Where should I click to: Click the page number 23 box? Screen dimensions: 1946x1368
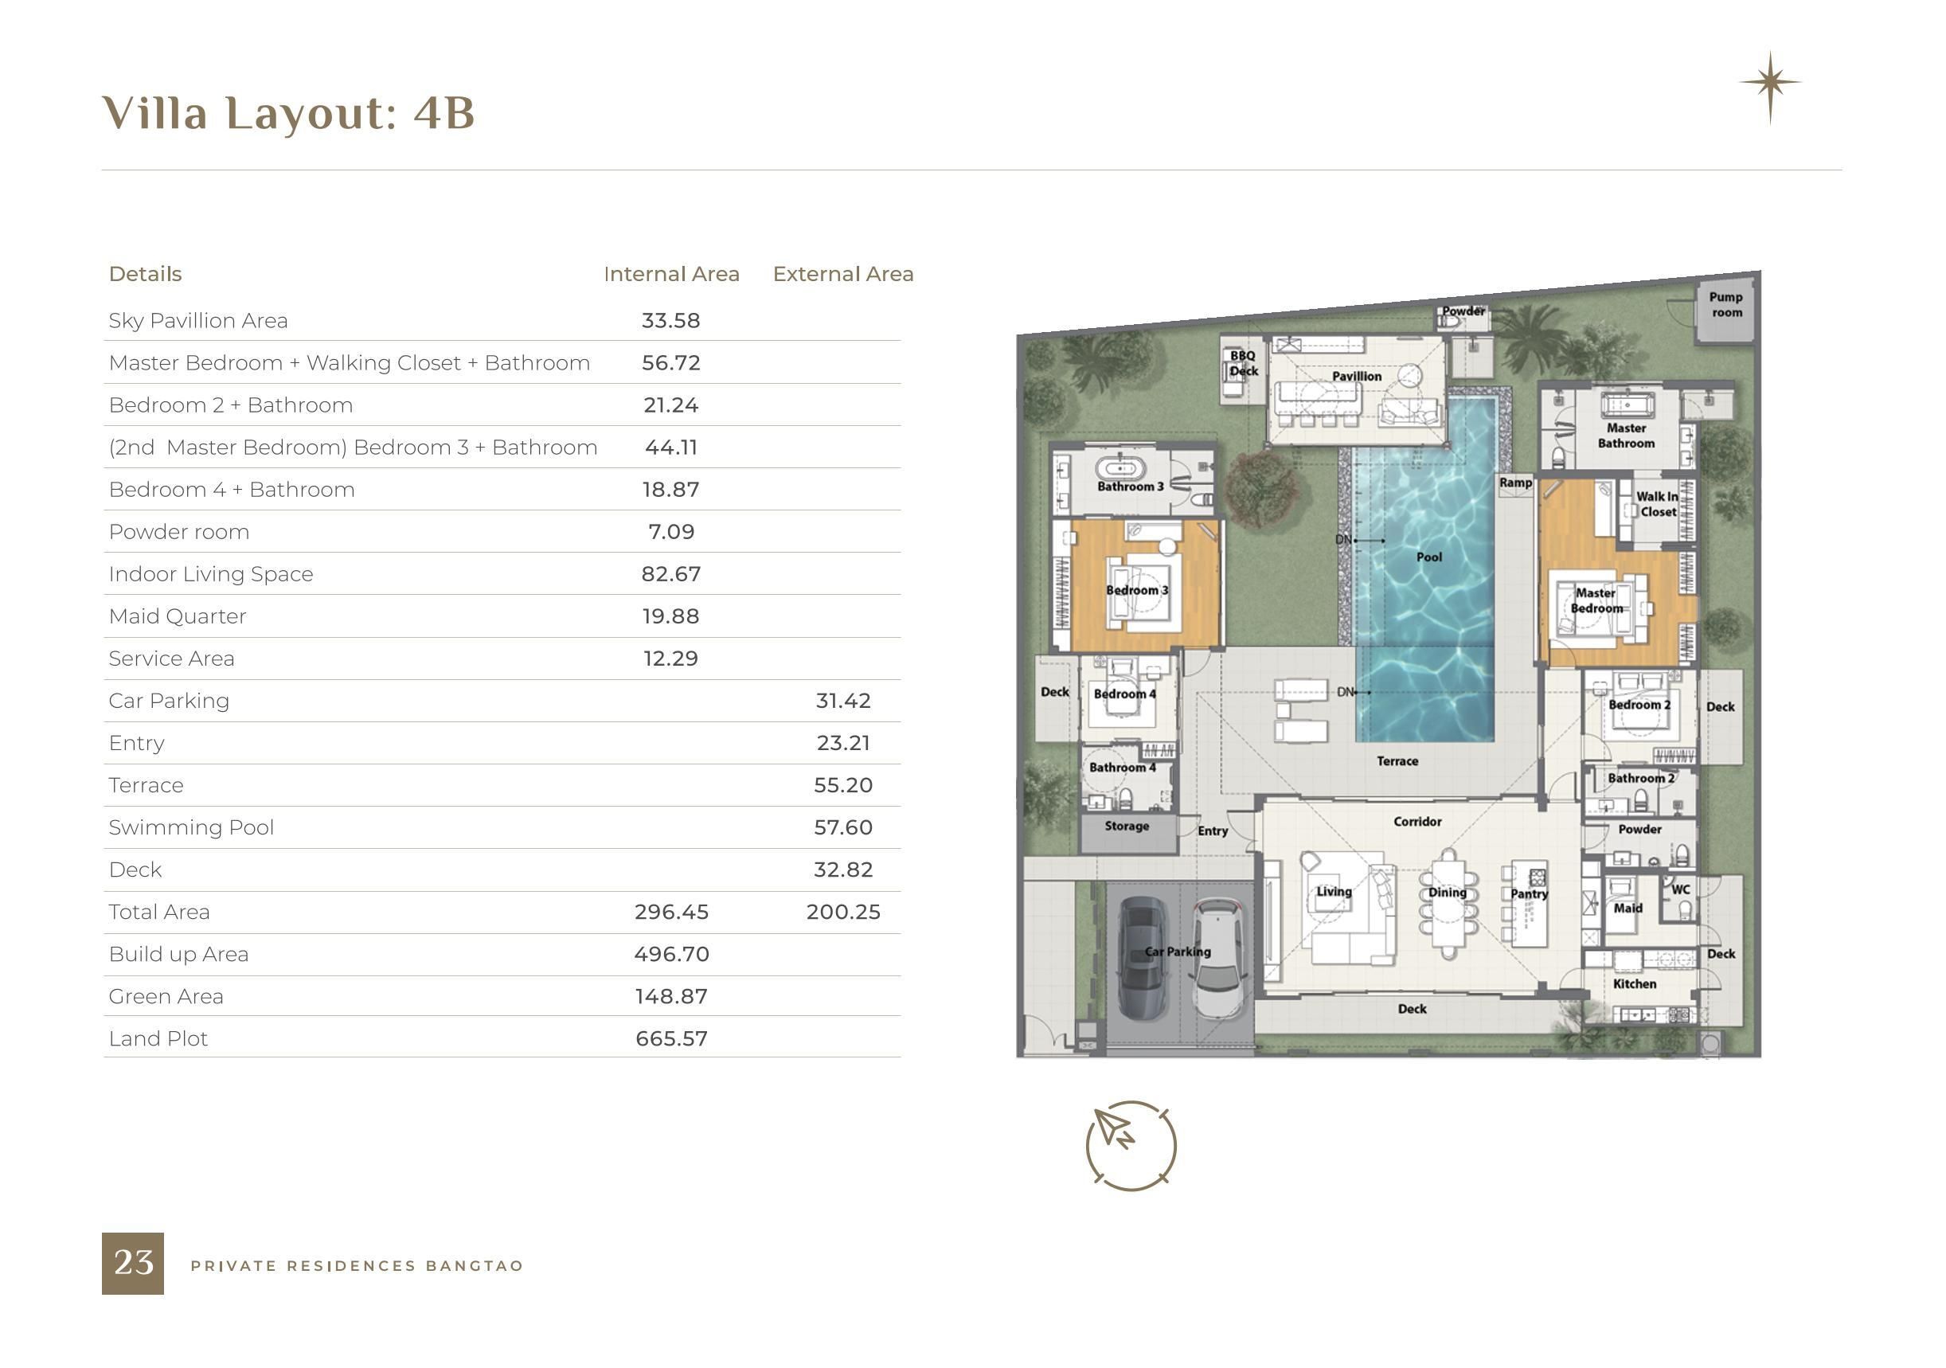point(132,1263)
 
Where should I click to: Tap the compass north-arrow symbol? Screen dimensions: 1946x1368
point(1131,1145)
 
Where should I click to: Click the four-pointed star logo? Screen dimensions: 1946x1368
point(1770,84)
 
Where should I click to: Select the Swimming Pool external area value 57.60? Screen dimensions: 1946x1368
point(843,827)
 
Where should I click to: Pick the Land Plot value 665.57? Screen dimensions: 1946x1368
point(671,1038)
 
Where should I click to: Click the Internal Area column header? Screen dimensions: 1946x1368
point(671,274)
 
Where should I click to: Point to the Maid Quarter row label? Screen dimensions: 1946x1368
point(177,616)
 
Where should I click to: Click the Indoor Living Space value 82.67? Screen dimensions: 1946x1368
point(671,574)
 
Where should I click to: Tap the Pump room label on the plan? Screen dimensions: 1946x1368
point(1726,304)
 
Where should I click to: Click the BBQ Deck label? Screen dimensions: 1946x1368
point(1244,363)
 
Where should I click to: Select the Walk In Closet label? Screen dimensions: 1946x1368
point(1657,504)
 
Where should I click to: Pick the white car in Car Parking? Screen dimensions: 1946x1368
point(1219,959)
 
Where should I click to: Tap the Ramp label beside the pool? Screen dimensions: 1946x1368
point(1515,483)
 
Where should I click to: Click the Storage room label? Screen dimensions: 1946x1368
point(1127,826)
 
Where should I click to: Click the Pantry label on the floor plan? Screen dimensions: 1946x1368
point(1529,893)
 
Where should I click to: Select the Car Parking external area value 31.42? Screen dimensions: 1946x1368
point(843,701)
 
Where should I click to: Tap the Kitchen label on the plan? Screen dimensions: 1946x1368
point(1634,984)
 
